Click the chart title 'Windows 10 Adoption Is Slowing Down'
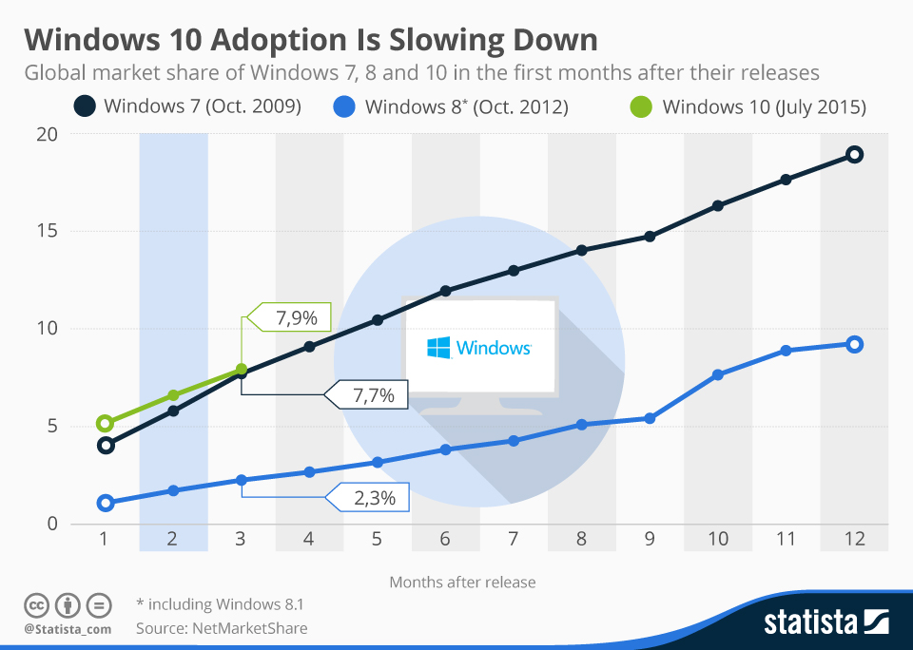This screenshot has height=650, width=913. (x=311, y=40)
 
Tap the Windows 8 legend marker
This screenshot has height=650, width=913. (x=345, y=106)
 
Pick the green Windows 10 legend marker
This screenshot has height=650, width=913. (x=642, y=106)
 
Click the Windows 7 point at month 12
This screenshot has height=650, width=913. (x=854, y=155)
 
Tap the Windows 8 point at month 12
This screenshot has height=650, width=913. (x=854, y=344)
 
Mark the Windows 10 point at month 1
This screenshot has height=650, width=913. (x=106, y=424)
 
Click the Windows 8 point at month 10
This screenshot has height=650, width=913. (x=718, y=375)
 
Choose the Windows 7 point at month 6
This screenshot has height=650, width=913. (x=445, y=291)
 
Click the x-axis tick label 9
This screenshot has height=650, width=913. (x=650, y=539)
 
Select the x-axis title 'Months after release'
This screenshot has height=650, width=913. (x=462, y=582)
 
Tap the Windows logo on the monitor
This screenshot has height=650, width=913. (x=438, y=348)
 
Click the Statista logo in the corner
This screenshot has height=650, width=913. (x=826, y=622)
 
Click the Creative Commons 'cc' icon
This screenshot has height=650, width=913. (x=36, y=604)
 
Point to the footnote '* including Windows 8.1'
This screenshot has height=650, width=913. (x=220, y=603)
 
